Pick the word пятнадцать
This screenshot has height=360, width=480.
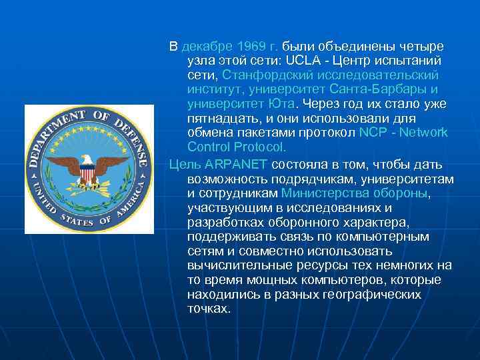pyautogui.click(x=223, y=119)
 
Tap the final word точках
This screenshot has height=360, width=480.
pyautogui.click(x=209, y=309)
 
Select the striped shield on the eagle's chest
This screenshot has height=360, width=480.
pyautogui.click(x=87, y=174)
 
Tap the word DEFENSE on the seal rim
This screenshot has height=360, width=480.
pyautogui.click(x=131, y=130)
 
